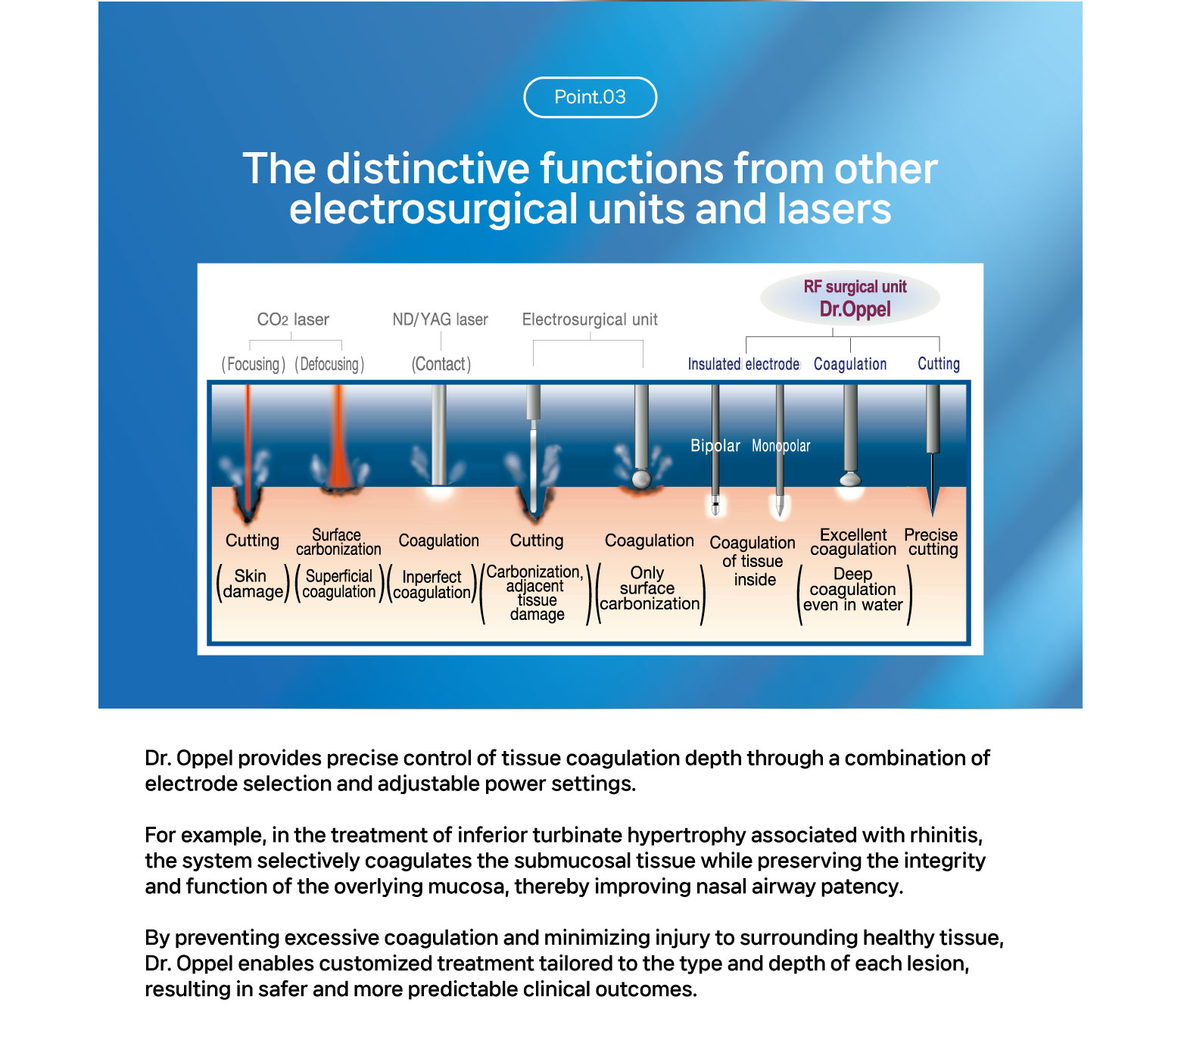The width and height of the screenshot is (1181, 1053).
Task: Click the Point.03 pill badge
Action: (590, 98)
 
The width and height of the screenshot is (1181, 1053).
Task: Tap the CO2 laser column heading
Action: (293, 319)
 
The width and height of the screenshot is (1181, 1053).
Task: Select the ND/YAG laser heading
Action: (440, 319)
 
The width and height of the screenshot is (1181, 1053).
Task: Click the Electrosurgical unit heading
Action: (590, 319)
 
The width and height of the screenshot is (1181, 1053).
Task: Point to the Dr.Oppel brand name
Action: (855, 310)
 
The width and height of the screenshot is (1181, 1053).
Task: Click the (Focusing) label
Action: (253, 364)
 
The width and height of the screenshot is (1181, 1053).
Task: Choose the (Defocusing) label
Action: (329, 364)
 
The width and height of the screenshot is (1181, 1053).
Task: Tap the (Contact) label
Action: (441, 364)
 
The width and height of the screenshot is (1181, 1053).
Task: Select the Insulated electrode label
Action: (743, 364)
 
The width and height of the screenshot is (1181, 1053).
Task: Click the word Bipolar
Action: (715, 446)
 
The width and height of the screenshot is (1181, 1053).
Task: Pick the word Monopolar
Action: (781, 446)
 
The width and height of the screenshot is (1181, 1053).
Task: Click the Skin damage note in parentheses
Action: (253, 584)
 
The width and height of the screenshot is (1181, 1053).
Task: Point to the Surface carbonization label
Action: (338, 542)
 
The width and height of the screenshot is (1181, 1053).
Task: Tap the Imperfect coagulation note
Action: (432, 584)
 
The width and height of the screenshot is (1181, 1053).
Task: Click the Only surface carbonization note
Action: (650, 588)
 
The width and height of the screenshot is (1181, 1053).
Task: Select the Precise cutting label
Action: (931, 542)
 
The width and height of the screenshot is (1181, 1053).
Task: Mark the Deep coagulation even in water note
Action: (853, 590)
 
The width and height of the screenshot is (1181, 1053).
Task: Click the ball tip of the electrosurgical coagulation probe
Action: (641, 479)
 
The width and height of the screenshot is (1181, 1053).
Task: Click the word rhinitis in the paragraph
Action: (946, 835)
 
